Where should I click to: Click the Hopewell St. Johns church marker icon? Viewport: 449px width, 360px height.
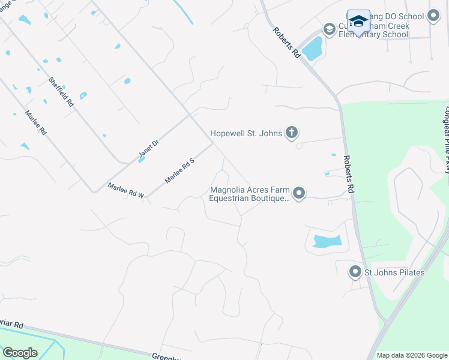291,133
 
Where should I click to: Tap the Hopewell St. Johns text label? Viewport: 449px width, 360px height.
246,133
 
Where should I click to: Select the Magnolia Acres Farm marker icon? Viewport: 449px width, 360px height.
299,193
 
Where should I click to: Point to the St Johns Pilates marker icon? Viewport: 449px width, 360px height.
355,272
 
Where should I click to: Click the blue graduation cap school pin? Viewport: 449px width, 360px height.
358,22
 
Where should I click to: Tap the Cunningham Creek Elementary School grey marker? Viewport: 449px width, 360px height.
328,29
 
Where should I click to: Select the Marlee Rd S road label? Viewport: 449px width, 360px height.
180,170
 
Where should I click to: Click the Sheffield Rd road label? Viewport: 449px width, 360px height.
61,92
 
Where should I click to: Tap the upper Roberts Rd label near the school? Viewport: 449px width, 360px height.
286,42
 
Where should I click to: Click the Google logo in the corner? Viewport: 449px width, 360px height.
20,353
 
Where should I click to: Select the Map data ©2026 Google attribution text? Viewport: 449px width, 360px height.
412,355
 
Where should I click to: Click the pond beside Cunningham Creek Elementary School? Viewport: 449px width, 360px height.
312,48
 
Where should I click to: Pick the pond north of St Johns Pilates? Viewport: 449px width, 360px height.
327,242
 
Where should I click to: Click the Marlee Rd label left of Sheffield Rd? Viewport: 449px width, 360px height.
35,122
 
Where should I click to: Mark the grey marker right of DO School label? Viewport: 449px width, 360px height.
433,17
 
